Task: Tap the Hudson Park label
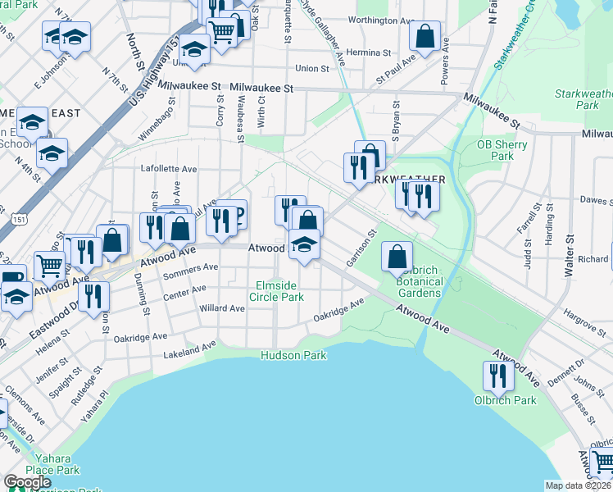click(x=293, y=355)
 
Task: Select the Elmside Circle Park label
click(x=277, y=291)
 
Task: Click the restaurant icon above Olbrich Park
click(x=497, y=375)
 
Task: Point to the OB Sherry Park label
click(x=502, y=150)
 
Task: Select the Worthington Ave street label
click(x=381, y=20)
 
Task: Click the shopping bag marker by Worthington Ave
click(x=425, y=35)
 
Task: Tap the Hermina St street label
click(x=369, y=52)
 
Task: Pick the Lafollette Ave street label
click(x=170, y=169)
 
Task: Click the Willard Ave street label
click(x=222, y=308)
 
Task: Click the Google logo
click(x=27, y=482)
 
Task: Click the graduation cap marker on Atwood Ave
click(x=304, y=245)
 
